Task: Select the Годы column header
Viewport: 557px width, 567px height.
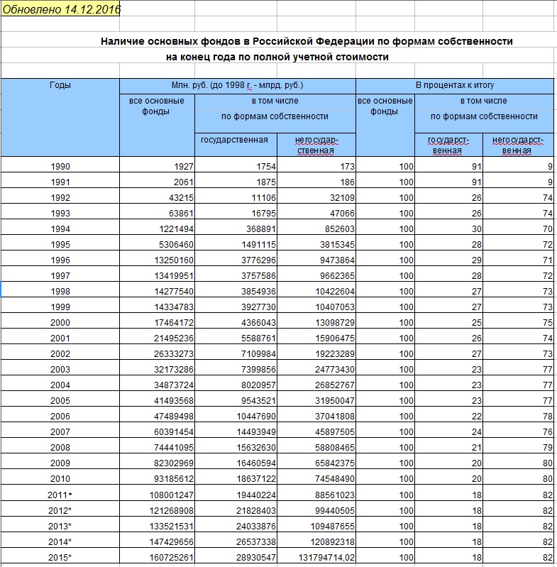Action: coord(60,85)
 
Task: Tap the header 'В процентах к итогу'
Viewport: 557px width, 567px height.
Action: coord(454,85)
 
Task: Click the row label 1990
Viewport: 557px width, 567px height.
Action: coord(60,167)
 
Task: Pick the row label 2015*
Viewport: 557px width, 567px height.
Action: coord(60,558)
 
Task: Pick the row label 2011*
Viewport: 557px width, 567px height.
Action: coord(60,495)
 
